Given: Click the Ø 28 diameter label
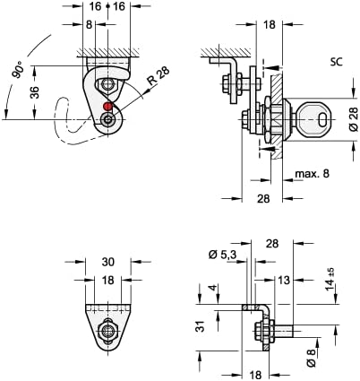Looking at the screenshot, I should tap(351, 117).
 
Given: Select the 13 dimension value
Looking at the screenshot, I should tap(284, 281).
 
